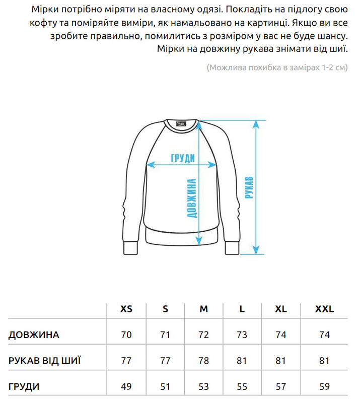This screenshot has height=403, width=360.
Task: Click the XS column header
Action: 126,309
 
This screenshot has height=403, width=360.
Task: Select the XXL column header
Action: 324,309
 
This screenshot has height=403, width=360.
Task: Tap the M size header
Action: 203,309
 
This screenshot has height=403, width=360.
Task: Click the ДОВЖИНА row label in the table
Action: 34,335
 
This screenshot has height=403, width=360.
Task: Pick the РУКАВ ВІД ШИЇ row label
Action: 44,361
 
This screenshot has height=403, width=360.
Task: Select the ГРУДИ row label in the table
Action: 24,387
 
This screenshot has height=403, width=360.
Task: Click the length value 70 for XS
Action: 126,335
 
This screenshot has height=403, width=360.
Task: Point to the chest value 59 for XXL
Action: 324,387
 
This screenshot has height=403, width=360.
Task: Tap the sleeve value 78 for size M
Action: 203,361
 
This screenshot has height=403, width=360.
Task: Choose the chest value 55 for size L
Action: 242,387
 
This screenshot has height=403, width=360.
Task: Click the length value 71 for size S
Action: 165,335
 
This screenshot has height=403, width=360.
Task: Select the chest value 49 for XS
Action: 126,387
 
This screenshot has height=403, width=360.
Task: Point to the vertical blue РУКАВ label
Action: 248,187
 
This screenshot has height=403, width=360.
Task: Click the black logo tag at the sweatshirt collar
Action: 181,123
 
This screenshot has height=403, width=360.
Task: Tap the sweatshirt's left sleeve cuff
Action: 130,247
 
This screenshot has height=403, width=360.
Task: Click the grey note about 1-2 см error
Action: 277,67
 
